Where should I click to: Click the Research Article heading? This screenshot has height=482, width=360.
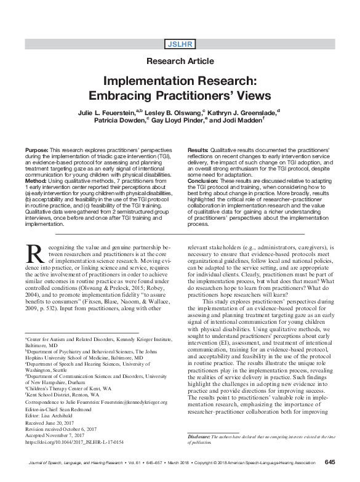pyautogui.click(x=180, y=61)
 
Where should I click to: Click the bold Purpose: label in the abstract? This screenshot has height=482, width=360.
pyautogui.click(x=38, y=151)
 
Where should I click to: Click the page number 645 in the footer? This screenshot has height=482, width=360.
pyautogui.click(x=329, y=462)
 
